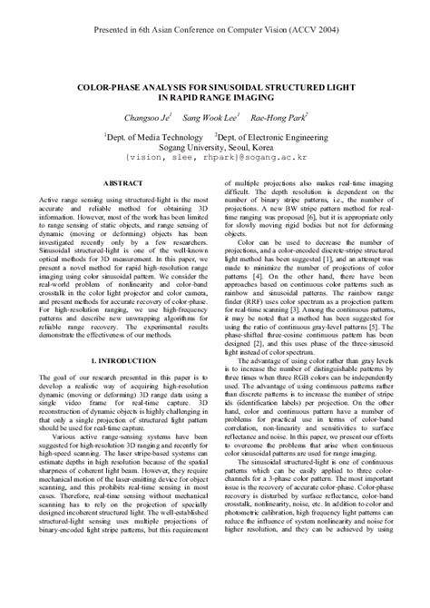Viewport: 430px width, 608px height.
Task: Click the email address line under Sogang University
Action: pos(214,156)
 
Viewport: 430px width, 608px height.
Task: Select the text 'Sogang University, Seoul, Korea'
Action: pos(214,144)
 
